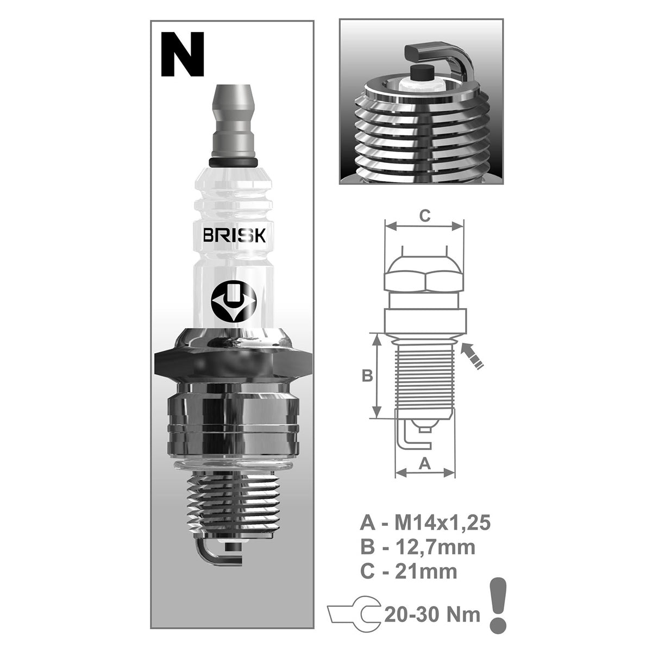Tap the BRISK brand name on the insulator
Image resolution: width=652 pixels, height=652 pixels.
tap(234, 236)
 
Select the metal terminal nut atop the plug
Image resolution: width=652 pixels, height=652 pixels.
tap(232, 120)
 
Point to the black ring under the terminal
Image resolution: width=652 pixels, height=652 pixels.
tap(232, 162)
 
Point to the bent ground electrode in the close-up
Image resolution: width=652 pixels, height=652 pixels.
tap(435, 54)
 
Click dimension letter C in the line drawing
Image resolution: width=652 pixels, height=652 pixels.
tap(425, 215)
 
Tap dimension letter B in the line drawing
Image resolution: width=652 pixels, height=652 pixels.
tap(367, 375)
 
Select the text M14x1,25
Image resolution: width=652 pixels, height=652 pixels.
tap(442, 523)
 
